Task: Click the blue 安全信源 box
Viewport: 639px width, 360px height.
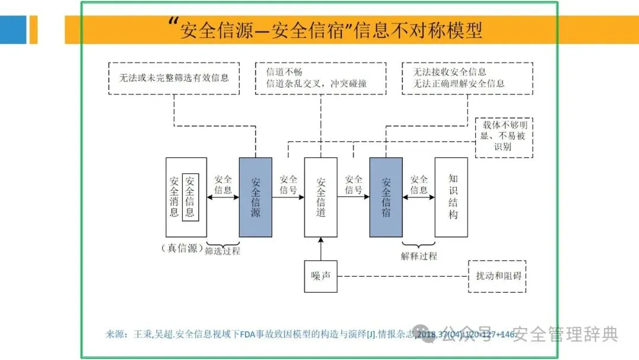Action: (x=256, y=197)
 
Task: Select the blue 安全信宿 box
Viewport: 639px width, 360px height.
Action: (x=386, y=197)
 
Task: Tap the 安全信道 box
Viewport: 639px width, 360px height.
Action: (x=321, y=197)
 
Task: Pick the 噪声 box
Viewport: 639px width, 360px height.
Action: (x=321, y=276)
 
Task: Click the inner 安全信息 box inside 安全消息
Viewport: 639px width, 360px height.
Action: (x=190, y=197)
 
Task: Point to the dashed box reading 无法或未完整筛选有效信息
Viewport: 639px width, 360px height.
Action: (x=175, y=78)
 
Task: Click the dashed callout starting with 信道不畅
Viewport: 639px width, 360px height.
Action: (x=321, y=78)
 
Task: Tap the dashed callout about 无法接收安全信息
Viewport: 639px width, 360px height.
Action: (x=467, y=78)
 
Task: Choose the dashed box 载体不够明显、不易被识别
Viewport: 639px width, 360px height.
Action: (x=504, y=137)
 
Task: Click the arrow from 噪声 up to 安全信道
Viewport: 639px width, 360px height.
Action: (x=321, y=249)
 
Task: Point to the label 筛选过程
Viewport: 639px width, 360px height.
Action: (x=222, y=250)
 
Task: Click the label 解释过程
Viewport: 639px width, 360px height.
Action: (x=419, y=256)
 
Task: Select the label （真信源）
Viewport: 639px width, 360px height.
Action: (x=182, y=248)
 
